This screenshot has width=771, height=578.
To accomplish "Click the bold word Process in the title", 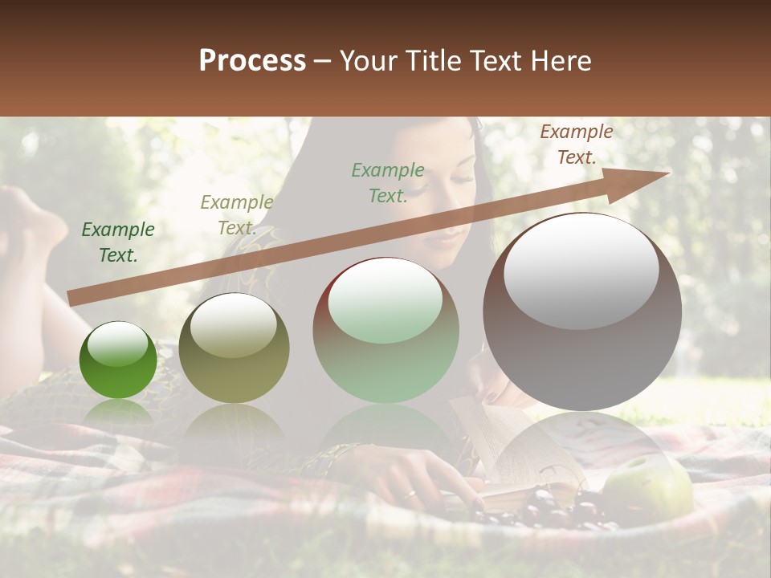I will pyautogui.click(x=252, y=60).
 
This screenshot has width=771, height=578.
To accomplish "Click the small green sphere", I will pyautogui.click(x=118, y=361).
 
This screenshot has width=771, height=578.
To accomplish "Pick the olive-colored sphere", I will pyautogui.click(x=234, y=349).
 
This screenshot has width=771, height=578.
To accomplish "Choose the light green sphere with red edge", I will pyautogui.click(x=385, y=331).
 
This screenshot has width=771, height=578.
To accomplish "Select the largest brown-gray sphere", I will pyautogui.click(x=582, y=313).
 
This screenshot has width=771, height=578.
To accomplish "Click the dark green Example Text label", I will pyautogui.click(x=117, y=242).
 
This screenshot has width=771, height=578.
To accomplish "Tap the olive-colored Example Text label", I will pyautogui.click(x=236, y=214).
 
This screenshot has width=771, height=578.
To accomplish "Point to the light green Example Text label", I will pyautogui.click(x=388, y=182).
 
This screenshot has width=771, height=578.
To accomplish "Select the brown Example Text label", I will pyautogui.click(x=576, y=144).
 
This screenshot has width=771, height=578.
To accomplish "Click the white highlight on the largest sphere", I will pyautogui.click(x=581, y=271).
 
